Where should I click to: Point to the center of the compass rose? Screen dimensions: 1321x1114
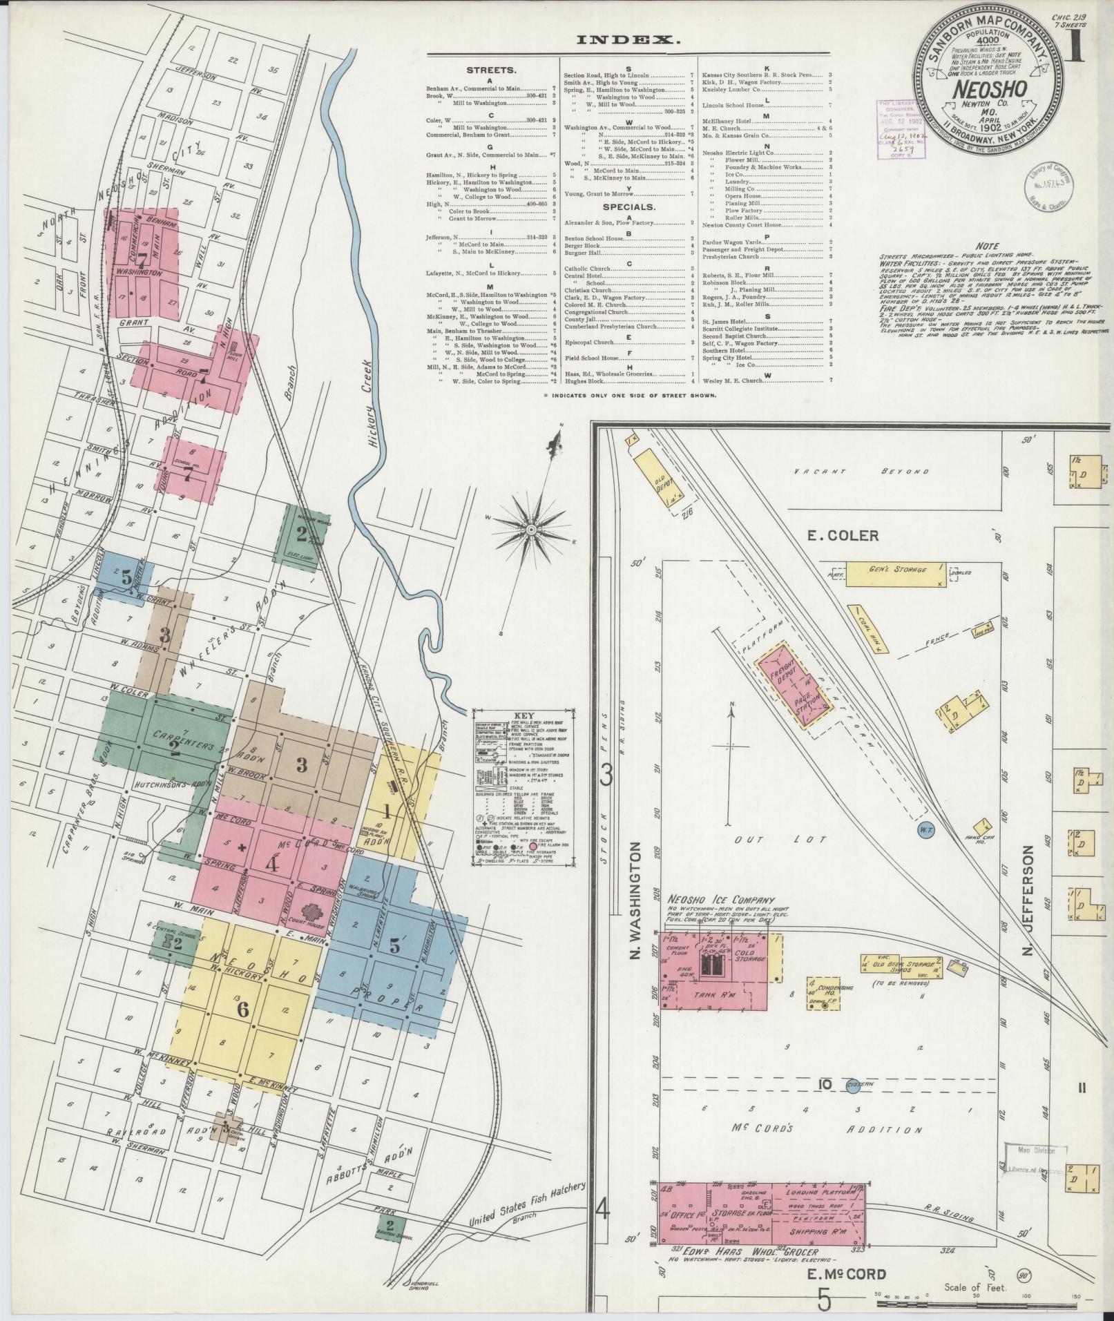[x=532, y=529]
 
